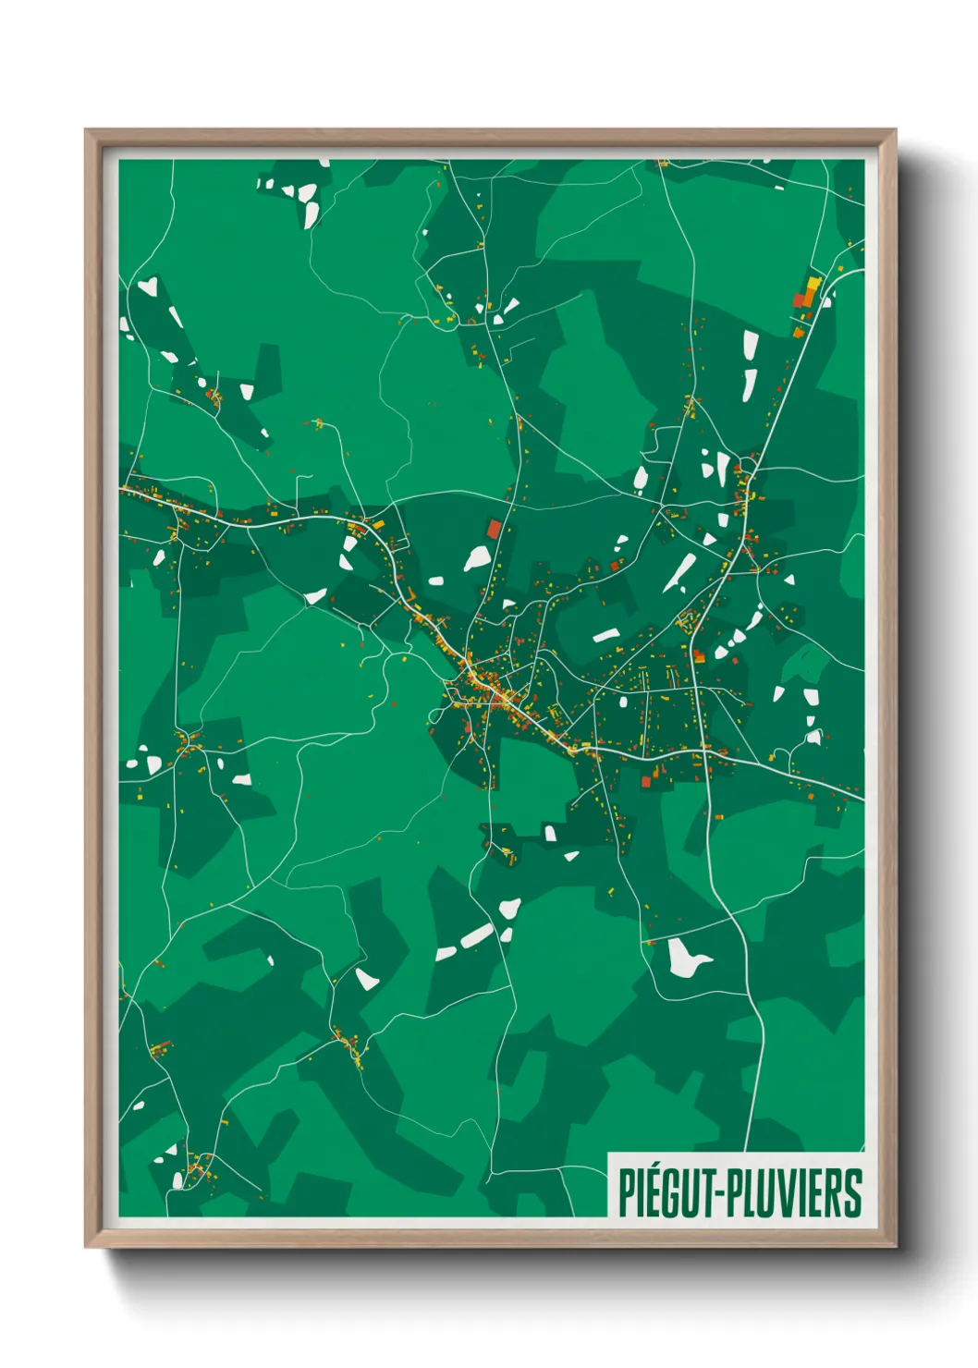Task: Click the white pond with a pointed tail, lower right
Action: point(685,958)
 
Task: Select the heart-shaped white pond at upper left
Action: point(148,287)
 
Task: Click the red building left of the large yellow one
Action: point(800,300)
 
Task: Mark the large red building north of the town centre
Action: point(495,529)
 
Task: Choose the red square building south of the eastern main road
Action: point(647,782)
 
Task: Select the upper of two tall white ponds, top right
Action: point(750,346)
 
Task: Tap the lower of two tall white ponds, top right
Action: point(749,385)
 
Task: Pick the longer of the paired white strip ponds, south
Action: point(477,935)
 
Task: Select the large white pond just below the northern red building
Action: point(477,558)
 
